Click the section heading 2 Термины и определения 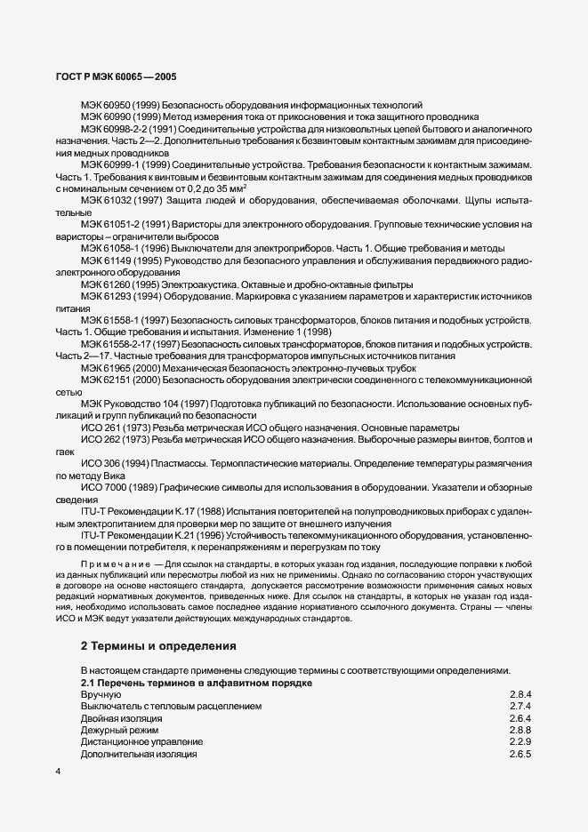click(x=157, y=644)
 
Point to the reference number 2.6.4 click(x=520, y=717)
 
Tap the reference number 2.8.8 click(x=520, y=729)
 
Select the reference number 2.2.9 click(x=520, y=741)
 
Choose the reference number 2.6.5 click(x=520, y=754)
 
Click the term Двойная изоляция click(x=122, y=717)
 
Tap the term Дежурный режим click(x=120, y=729)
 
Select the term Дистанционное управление click(x=142, y=741)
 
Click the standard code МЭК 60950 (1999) click(x=117, y=105)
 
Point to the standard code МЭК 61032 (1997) click(x=117, y=200)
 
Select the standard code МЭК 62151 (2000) click(x=117, y=379)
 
